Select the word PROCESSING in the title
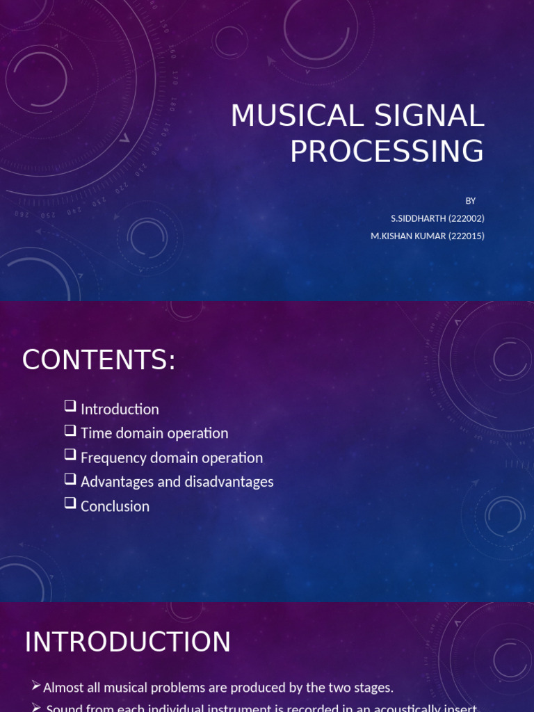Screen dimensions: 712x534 click(387, 151)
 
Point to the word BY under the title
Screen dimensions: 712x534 click(471, 201)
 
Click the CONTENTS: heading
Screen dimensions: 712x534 click(99, 360)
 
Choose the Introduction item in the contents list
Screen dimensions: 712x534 click(120, 409)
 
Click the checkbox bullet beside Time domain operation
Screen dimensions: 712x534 click(70, 430)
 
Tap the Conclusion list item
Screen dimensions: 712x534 click(115, 506)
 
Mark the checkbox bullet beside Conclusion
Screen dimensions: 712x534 click(70, 503)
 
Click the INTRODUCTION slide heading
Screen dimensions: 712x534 click(128, 642)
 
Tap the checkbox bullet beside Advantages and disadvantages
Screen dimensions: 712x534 click(70, 479)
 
